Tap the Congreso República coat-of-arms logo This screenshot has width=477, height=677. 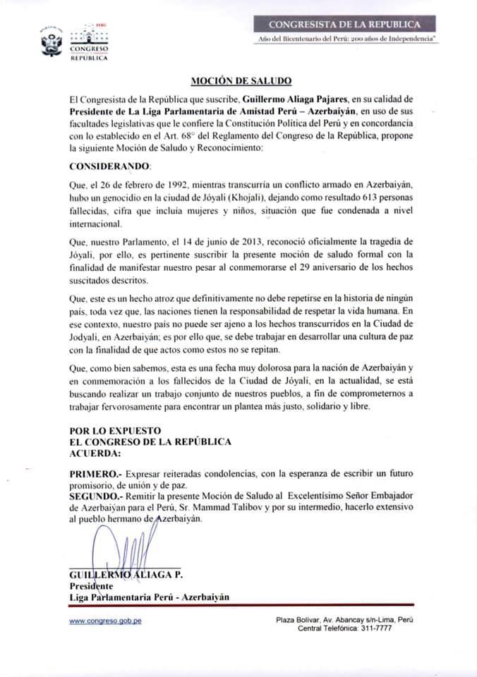click(50, 43)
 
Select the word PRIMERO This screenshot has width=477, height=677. click(94, 477)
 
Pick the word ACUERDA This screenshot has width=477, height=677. click(95, 453)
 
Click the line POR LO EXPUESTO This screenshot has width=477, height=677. click(116, 431)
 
